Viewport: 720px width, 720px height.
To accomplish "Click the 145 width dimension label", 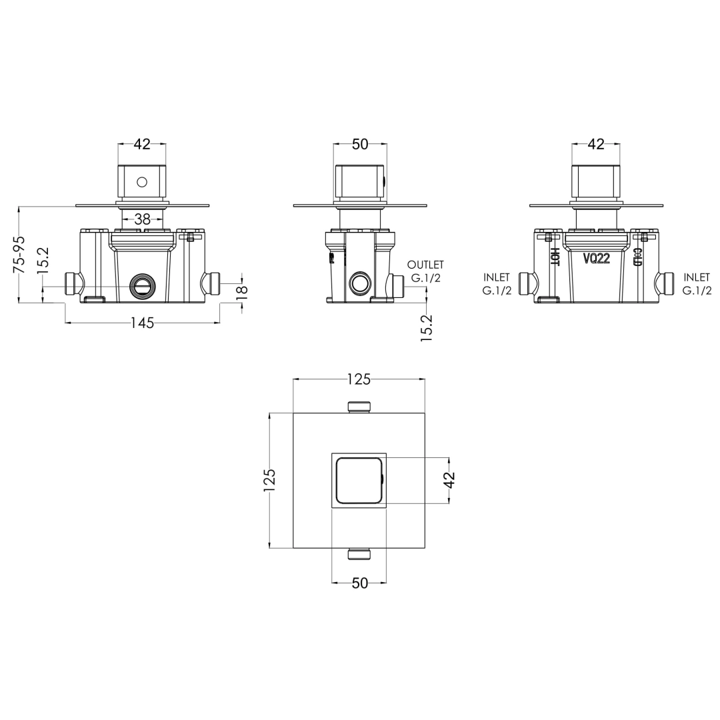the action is click(143, 323).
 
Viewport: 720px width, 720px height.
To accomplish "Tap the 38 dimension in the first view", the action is click(143, 219).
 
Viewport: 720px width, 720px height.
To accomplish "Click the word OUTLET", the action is click(425, 265).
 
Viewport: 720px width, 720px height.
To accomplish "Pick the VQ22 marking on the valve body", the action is click(597, 259).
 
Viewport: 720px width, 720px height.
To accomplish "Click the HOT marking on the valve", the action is click(555, 257).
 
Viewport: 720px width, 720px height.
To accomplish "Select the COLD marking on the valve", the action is click(637, 257).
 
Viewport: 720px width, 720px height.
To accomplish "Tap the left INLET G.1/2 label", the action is click(497, 284).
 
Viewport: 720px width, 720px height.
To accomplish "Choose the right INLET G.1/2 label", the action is click(697, 284).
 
